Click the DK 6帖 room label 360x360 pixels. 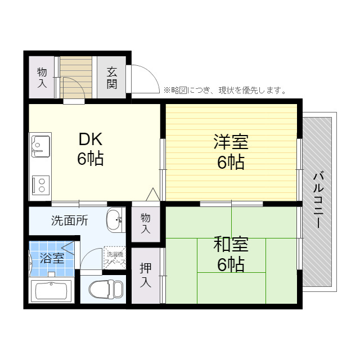[x=90, y=149]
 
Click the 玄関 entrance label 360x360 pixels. [x=112, y=78]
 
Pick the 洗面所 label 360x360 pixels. [x=69, y=220]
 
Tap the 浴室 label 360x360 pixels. [x=52, y=259]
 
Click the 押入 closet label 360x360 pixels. [x=146, y=275]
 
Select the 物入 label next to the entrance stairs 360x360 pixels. [x=42, y=78]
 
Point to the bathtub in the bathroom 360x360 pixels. [x=51, y=291]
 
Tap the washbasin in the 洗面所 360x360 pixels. [x=115, y=219]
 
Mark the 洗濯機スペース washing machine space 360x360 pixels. [x=115, y=257]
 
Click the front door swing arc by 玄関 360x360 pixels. [x=145, y=79]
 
